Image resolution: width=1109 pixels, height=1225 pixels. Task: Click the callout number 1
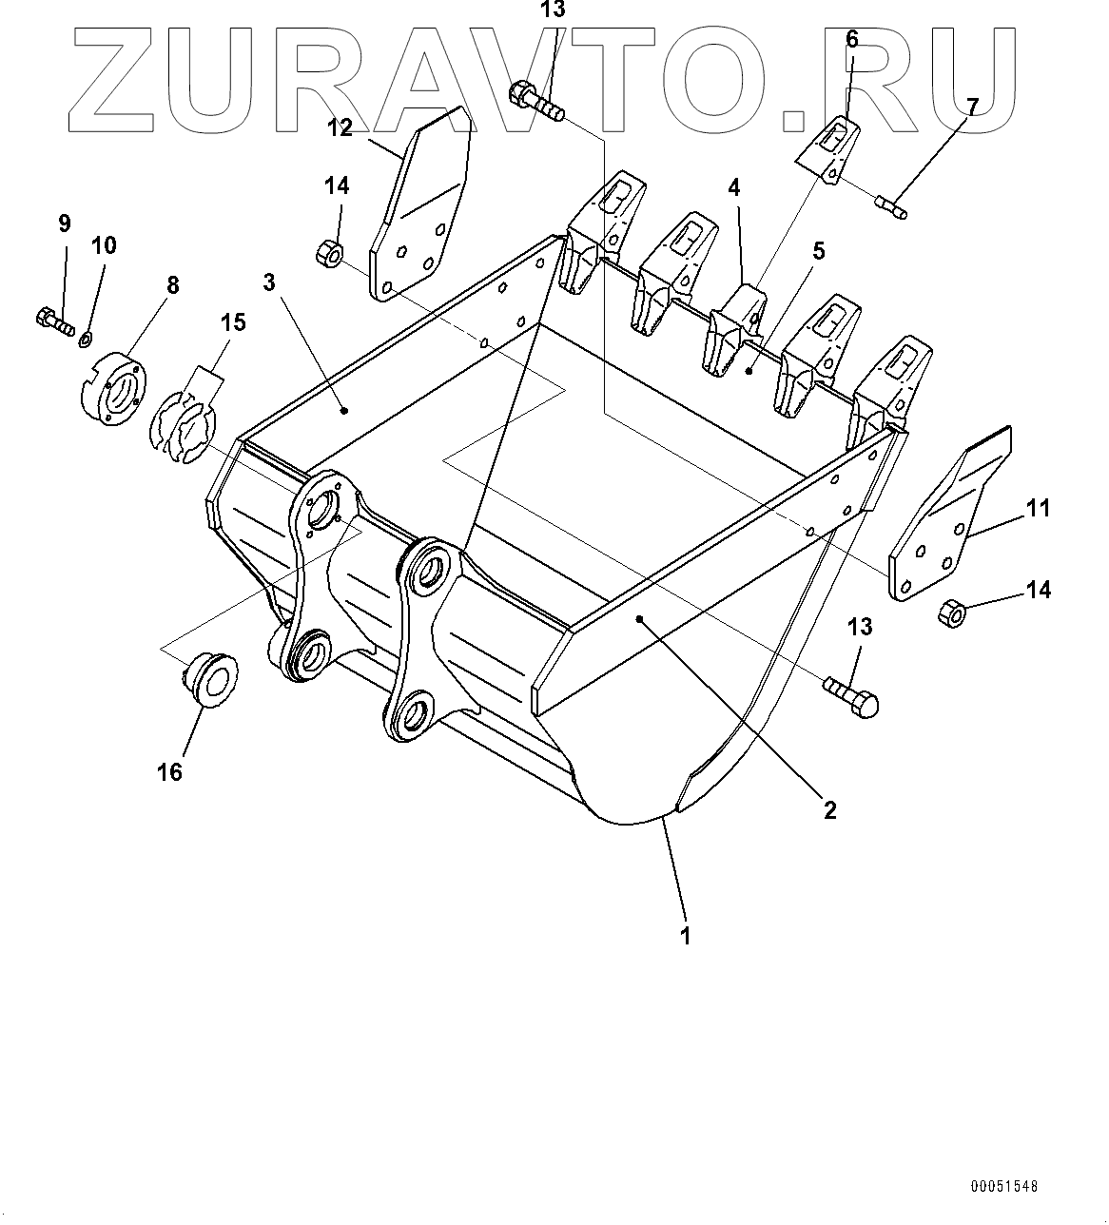(x=684, y=935)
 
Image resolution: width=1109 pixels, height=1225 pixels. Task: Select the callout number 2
(x=829, y=809)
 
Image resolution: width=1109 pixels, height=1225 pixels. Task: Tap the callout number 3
(x=269, y=282)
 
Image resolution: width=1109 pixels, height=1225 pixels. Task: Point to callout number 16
(x=169, y=771)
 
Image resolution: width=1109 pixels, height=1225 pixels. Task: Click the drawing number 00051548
(x=1004, y=1186)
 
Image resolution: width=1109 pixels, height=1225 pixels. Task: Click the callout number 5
(x=818, y=251)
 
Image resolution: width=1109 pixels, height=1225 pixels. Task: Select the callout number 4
(x=734, y=187)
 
